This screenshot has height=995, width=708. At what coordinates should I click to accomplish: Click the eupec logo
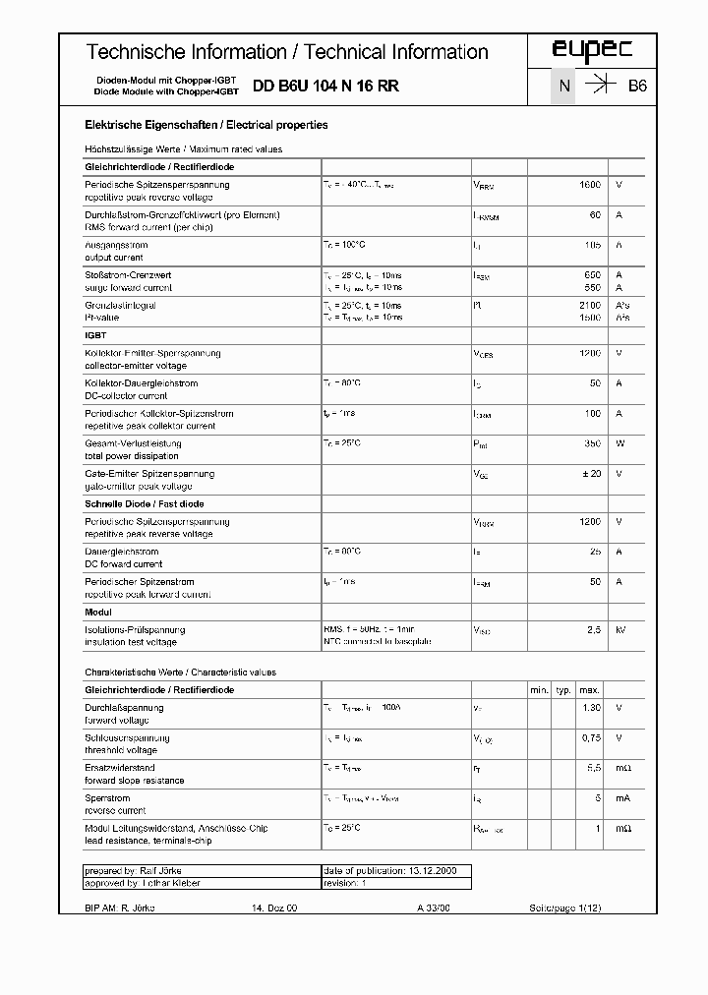(591, 51)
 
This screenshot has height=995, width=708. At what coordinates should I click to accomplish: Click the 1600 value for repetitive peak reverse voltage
(589, 185)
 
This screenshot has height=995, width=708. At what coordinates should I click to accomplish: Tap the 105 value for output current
(592, 245)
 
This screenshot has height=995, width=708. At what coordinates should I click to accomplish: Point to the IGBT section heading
(96, 335)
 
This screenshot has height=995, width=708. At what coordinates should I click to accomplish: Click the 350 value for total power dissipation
(592, 443)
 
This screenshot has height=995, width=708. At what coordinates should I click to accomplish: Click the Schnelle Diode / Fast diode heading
(146, 504)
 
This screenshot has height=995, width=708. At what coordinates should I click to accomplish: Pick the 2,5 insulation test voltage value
(594, 629)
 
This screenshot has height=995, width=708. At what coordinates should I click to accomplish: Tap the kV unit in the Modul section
(619, 629)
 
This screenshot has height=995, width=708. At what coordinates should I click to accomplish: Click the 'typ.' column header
(563, 691)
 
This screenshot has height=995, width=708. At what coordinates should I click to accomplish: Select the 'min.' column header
(539, 691)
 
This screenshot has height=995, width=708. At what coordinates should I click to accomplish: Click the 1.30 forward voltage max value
(590, 708)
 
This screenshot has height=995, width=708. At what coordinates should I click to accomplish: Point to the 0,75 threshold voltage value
(590, 737)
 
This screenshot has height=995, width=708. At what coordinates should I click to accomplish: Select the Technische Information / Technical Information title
(287, 52)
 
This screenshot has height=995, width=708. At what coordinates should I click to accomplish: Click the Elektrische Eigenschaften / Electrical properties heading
(206, 126)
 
